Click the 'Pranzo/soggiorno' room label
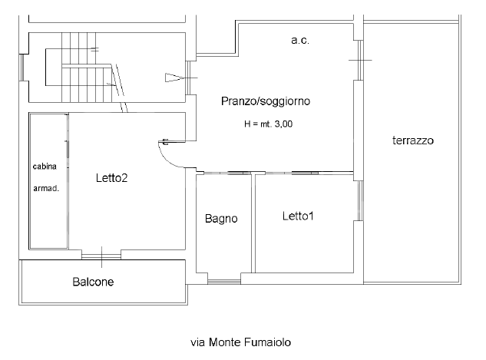pyautogui.click(x=266, y=101)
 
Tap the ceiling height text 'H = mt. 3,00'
pyautogui.click(x=268, y=124)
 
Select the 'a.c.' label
pyautogui.click(x=299, y=40)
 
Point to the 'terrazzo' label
pyautogui.click(x=413, y=141)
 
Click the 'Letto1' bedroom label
pyautogui.click(x=298, y=216)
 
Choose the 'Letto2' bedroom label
pyautogui.click(x=111, y=178)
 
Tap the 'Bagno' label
pyautogui.click(x=221, y=219)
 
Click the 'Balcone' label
pyautogui.click(x=93, y=282)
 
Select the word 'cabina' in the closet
pyautogui.click(x=45, y=167)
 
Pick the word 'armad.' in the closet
pyautogui.click(x=45, y=187)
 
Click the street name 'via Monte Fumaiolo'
pyautogui.click(x=242, y=342)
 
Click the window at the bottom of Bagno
pyautogui.click(x=224, y=277)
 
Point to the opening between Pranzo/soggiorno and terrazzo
pyautogui.click(x=356, y=59)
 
